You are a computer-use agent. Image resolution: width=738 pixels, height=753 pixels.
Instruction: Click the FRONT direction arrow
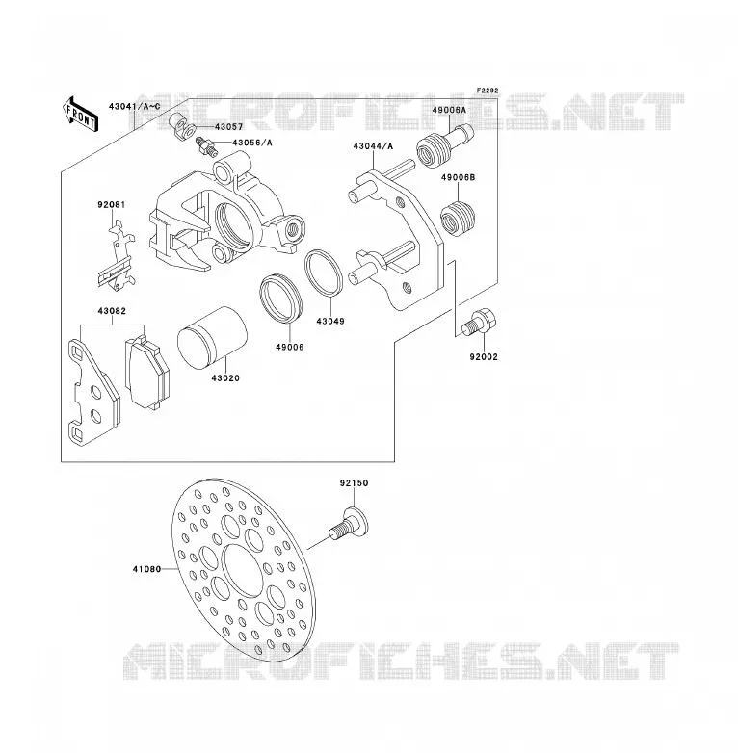[x=80, y=115]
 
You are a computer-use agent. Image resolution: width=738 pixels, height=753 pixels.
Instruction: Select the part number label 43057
[x=228, y=127]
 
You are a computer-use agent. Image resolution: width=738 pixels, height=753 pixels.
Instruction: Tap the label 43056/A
[x=252, y=143]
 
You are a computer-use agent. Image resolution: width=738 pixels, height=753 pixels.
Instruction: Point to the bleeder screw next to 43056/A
[x=206, y=145]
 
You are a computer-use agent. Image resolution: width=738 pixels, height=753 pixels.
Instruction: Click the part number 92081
[x=112, y=204]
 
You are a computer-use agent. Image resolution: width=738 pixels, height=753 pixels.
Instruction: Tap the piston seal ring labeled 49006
[x=281, y=298]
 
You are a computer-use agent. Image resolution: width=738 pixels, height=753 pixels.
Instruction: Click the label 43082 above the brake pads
[x=112, y=311]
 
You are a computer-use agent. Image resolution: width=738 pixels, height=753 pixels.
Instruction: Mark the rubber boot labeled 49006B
[x=458, y=219]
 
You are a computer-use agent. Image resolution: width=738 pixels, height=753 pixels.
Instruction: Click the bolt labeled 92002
[x=479, y=322]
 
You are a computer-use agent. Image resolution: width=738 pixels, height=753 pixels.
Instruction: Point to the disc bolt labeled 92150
[x=350, y=525]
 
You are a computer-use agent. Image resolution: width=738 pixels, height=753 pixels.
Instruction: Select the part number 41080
[x=147, y=569]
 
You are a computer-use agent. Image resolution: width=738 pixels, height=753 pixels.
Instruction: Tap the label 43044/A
[x=373, y=146]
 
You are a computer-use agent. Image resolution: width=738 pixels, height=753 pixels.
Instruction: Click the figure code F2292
[x=488, y=91]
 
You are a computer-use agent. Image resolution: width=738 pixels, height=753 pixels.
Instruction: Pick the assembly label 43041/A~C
[x=135, y=106]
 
